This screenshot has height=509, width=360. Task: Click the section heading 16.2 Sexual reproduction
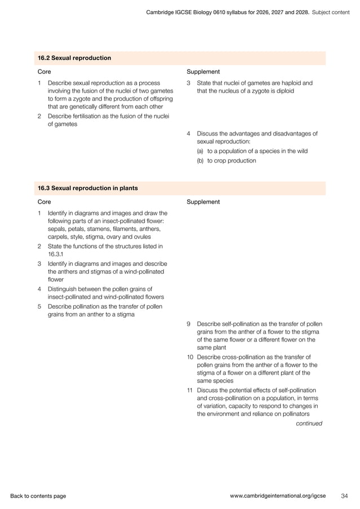74,58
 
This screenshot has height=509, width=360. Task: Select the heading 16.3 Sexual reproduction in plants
87,187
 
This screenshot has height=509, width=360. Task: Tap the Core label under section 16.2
44,72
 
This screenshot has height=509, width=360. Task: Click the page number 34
344,496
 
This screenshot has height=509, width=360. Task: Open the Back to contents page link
38,496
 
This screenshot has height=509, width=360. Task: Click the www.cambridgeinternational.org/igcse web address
278,496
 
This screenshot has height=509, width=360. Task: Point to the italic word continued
309,423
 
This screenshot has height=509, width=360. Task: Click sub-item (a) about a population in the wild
252,151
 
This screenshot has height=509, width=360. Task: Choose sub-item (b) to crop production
226,160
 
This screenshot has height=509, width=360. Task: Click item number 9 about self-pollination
189,324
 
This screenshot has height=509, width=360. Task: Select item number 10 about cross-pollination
190,357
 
